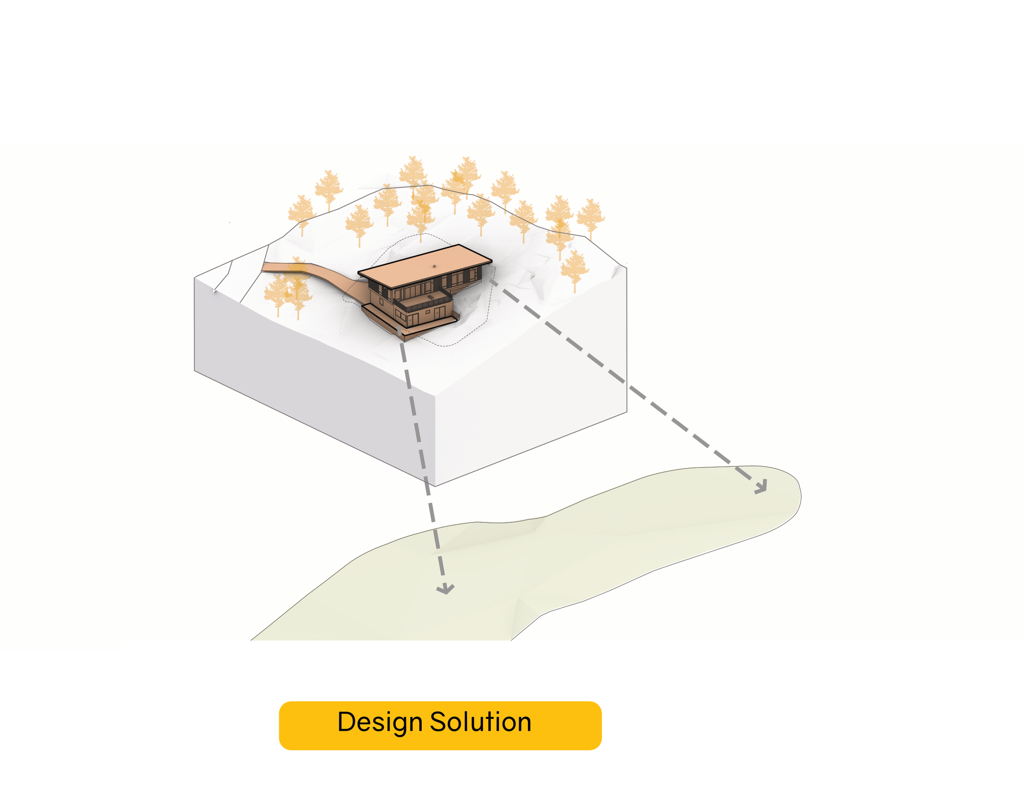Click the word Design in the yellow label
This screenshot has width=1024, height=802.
pyautogui.click(x=379, y=723)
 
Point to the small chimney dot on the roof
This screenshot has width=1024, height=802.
pyautogui.click(x=434, y=266)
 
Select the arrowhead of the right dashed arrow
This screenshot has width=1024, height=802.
pyautogui.click(x=761, y=487)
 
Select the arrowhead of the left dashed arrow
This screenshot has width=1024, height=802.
pyautogui.click(x=445, y=589)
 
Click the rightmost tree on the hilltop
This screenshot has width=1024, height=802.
pyautogui.click(x=590, y=216)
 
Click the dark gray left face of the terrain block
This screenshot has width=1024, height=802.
pyautogui.click(x=301, y=376)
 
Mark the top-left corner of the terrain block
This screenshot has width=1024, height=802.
pyautogui.click(x=195, y=278)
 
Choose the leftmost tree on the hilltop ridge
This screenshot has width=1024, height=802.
pyautogui.click(x=301, y=214)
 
